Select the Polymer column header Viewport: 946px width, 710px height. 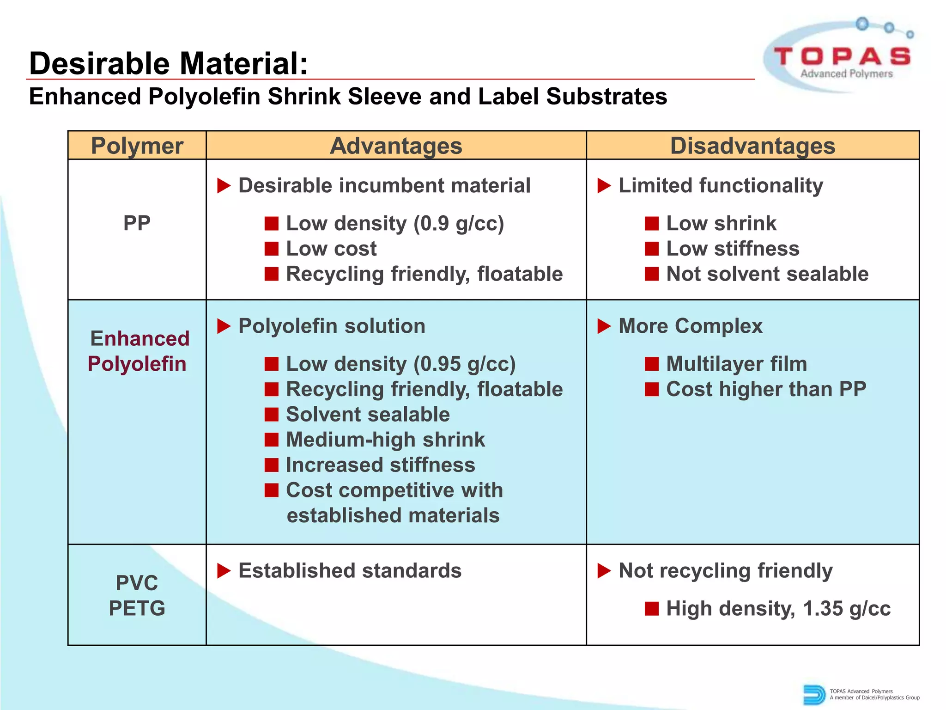tap(137, 146)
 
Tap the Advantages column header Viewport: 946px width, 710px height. tap(396, 146)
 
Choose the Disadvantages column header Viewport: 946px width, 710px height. tap(752, 146)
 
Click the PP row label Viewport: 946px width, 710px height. tap(137, 223)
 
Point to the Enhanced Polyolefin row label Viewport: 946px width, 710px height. tap(138, 351)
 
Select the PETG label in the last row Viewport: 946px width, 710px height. tap(137, 608)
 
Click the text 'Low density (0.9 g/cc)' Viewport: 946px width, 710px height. tap(395, 224)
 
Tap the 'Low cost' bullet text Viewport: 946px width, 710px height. tap(331, 249)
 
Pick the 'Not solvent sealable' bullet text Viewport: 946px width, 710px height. tap(767, 274)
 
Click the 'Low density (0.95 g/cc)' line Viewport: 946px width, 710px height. tap(400, 364)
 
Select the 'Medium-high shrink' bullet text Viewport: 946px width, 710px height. tap(385, 440)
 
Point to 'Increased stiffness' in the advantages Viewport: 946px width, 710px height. tap(380, 465)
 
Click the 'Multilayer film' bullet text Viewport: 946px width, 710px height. tap(736, 364)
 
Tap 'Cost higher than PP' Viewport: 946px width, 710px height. tap(766, 389)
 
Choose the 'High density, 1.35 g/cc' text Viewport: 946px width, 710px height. tap(778, 609)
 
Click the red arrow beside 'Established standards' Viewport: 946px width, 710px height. tap(224, 571)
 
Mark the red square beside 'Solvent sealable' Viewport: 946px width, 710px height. tap(272, 415)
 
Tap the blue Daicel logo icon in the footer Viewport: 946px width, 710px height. tap(814, 694)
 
